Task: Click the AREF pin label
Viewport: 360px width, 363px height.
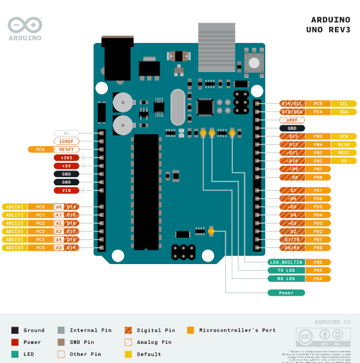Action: click(x=292, y=120)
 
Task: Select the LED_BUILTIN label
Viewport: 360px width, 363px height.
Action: click(x=287, y=262)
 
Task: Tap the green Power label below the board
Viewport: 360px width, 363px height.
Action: click(x=287, y=293)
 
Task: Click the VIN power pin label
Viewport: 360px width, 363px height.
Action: click(x=66, y=190)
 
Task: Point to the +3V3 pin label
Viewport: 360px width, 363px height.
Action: click(x=66, y=157)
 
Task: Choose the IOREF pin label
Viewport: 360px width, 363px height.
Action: click(x=66, y=141)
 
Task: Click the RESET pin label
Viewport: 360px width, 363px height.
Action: click(x=66, y=150)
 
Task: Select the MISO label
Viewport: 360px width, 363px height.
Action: click(x=344, y=144)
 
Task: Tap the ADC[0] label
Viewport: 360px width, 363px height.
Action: click(x=14, y=207)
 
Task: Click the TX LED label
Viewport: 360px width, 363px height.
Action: click(x=287, y=270)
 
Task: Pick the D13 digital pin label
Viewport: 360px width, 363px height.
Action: click(x=293, y=136)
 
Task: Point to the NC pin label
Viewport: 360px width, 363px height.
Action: click(x=66, y=133)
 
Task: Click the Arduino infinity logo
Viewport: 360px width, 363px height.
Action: click(x=25, y=25)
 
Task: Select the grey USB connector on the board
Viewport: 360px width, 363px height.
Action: click(x=216, y=41)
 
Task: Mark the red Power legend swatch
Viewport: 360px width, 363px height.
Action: click(x=15, y=342)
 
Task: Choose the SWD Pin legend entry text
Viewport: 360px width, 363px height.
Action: click(x=82, y=342)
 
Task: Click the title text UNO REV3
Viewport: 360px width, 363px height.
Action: click(x=328, y=29)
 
